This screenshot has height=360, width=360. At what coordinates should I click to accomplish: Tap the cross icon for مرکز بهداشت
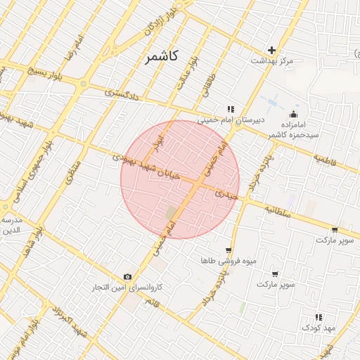pyautogui.click(x=272, y=50)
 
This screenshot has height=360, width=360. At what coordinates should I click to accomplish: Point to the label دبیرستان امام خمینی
pyautogui.click(x=231, y=120)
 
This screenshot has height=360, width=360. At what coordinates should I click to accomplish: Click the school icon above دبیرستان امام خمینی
pyautogui.click(x=230, y=108)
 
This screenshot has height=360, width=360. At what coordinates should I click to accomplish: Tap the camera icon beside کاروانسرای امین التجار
pyautogui.click(x=127, y=277)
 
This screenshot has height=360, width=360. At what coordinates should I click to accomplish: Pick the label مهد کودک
pyautogui.click(x=321, y=328)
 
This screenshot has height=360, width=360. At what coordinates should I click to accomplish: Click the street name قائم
pyautogui.click(x=151, y=302)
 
